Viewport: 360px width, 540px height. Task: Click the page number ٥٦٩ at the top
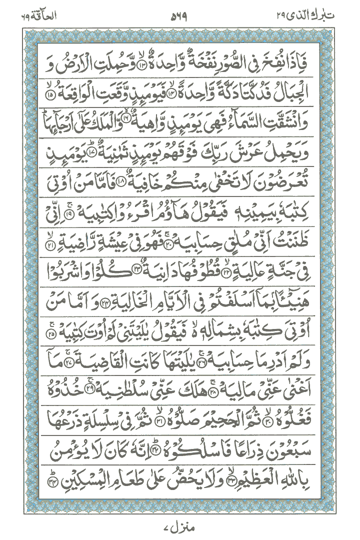click(x=180, y=15)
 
